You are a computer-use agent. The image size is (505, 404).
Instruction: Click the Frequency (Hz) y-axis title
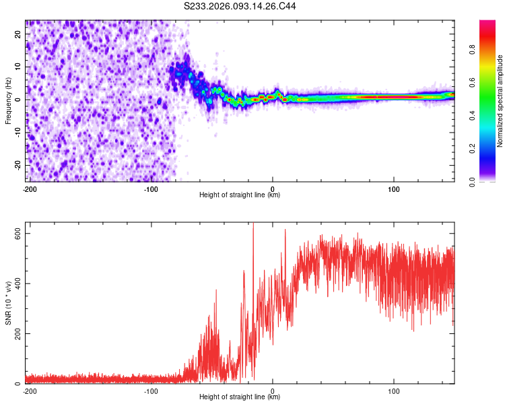[x=8, y=101]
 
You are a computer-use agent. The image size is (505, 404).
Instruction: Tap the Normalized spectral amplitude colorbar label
[x=500, y=101]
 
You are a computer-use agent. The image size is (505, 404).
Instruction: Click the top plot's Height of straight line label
[x=240, y=195]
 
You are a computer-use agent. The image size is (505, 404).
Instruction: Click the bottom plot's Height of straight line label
[x=240, y=397]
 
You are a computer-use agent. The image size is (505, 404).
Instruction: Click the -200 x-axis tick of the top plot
[x=30, y=189]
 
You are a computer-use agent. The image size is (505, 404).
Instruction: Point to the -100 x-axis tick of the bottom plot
[x=151, y=391]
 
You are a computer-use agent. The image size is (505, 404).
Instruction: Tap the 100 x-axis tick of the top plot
[x=394, y=189]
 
